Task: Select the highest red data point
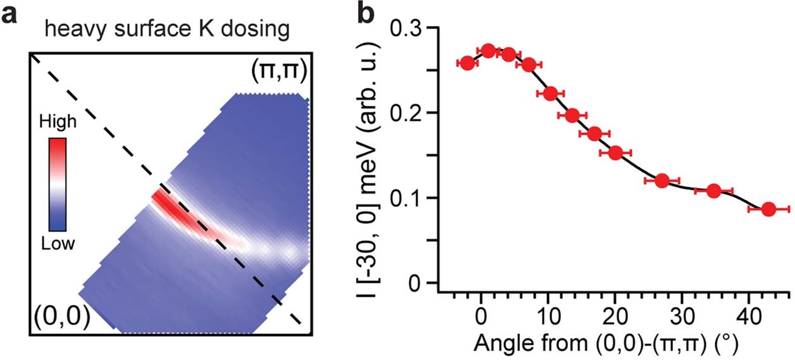tap(488, 50)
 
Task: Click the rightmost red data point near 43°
tap(768, 209)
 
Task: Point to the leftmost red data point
tap(467, 63)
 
